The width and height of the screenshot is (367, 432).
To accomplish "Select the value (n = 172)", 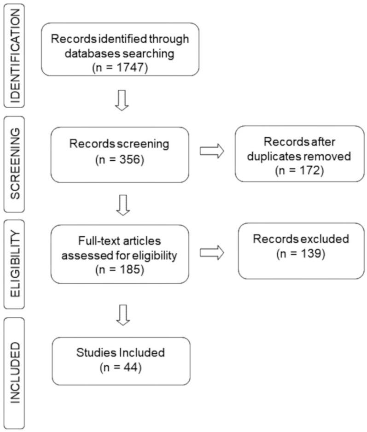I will click(299, 169).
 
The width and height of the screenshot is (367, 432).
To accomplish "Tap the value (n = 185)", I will click(120, 269).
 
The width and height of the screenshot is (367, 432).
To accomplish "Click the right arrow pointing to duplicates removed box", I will click(212, 151).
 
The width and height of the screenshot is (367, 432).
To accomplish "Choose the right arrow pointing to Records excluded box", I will click(212, 251).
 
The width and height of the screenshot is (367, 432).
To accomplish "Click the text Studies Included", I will click(121, 354).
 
